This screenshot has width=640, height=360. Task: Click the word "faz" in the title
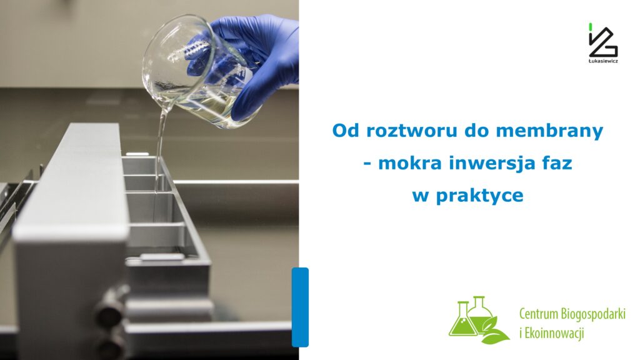(x=556, y=164)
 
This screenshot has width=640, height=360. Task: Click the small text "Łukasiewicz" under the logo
(x=603, y=61)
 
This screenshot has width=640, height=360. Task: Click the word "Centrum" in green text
(x=539, y=313)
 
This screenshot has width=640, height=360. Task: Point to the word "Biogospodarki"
(x=593, y=313)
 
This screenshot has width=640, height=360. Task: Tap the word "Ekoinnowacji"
(x=555, y=333)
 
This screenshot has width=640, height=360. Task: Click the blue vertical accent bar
(x=300, y=307)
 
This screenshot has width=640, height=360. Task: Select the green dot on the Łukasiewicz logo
(x=591, y=26)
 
